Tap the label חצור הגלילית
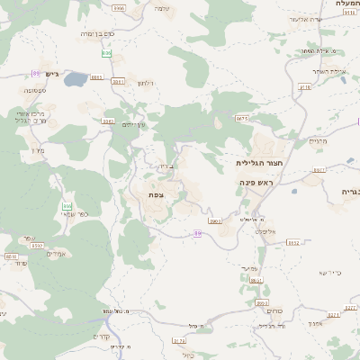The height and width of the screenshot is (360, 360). click(255, 163)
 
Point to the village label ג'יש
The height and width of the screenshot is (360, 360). click(50, 74)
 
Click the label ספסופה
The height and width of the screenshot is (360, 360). click(19, 90)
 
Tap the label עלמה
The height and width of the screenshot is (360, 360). click(162, 8)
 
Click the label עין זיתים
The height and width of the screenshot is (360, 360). click(134, 125)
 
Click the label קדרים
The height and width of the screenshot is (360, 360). click(102, 337)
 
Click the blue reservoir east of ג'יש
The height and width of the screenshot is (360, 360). click(75, 79)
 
